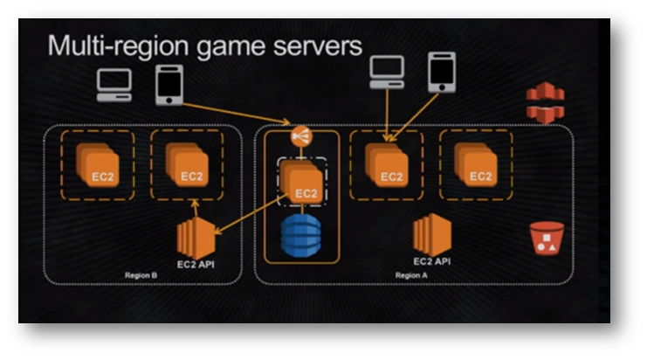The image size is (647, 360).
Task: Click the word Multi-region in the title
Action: [x=111, y=46]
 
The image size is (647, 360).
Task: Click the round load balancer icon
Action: [x=301, y=136]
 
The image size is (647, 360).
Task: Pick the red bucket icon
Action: [x=546, y=239]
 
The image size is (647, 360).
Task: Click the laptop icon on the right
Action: [x=387, y=72]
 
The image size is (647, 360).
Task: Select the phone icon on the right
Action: [x=442, y=72]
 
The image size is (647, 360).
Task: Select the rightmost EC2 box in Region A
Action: [x=478, y=166]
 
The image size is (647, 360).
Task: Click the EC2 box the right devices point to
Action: [x=388, y=166]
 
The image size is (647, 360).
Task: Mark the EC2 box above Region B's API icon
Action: [x=189, y=166]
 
